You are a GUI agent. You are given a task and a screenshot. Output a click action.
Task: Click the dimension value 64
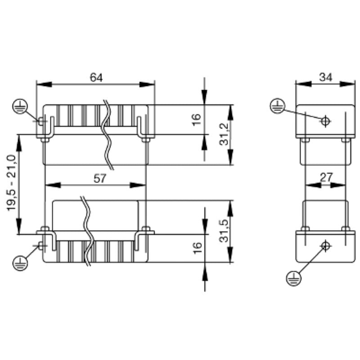[x=96, y=77]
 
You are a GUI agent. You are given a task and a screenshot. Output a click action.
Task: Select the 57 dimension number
[x=99, y=178]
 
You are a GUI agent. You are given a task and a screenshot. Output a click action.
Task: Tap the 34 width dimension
[x=325, y=77]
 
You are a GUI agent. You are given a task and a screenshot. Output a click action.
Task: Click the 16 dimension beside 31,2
[x=197, y=120]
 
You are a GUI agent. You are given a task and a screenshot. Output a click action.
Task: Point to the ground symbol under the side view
[x=292, y=278]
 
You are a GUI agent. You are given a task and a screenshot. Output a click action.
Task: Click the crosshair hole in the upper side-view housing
[x=325, y=120]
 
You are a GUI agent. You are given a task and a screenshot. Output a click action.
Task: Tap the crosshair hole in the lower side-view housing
[x=325, y=246]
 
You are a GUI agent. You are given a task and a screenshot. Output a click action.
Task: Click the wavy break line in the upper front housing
[x=108, y=135]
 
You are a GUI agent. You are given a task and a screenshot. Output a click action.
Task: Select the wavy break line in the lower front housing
[x=86, y=229]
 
